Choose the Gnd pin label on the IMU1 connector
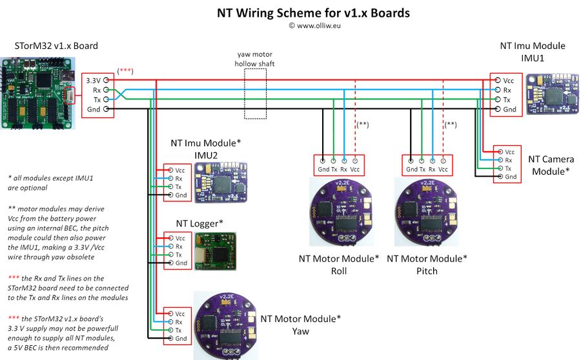pos(509,110)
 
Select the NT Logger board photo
pos(217,250)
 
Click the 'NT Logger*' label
pos(199,223)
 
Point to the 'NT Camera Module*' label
pos(549,165)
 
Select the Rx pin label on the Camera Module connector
pos(509,159)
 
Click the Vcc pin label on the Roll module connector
pos(355,169)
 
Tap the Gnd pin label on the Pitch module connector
pos(411,169)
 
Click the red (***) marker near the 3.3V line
pos(125,70)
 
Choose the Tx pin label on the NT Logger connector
pos(179,255)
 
